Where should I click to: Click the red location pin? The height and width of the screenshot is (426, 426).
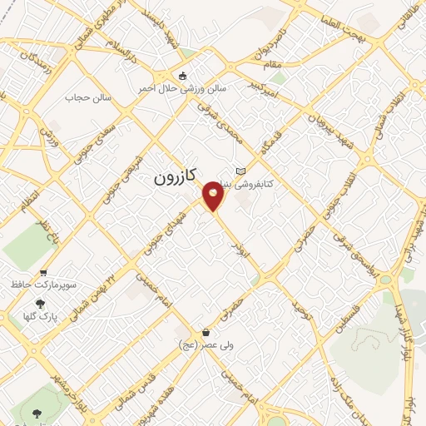[214, 196]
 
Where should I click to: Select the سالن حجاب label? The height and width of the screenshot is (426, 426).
[82, 97]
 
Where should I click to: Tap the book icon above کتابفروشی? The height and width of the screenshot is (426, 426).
[241, 171]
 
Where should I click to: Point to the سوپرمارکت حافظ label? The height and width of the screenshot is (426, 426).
[43, 285]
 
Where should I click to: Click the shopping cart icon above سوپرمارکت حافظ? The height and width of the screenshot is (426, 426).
[43, 272]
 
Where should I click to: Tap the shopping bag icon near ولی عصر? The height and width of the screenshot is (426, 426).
[182, 330]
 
